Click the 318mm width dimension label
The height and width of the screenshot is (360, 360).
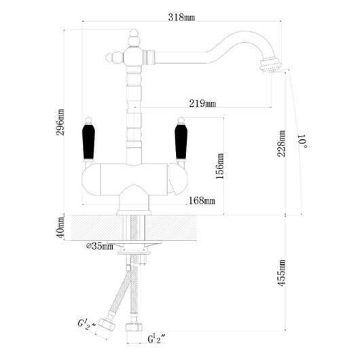click(x=181, y=17)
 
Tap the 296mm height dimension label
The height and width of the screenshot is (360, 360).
click(x=61, y=122)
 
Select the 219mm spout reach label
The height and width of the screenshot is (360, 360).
click(x=202, y=103)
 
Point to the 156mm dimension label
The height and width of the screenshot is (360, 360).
click(x=219, y=166)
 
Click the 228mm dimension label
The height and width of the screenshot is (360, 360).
click(x=281, y=143)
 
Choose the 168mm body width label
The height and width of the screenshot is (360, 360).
click(x=202, y=200)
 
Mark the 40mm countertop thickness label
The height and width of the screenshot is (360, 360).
click(x=61, y=228)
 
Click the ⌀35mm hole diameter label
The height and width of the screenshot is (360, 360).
click(x=100, y=246)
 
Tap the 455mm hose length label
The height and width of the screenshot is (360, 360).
click(x=281, y=273)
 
